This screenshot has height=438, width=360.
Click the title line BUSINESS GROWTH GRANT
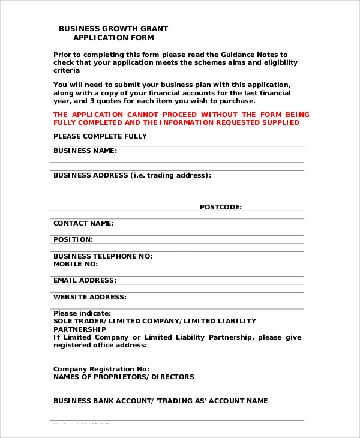113,28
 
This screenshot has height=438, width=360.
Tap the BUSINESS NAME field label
85,151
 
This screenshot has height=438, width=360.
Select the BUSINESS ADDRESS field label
132,176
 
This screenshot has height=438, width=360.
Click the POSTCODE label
221,207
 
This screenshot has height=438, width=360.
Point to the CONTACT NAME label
83,223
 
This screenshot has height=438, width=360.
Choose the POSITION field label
73,239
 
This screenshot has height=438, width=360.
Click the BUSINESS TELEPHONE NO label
103,256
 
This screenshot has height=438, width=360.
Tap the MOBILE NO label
76,264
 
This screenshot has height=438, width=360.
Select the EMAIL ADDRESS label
85,280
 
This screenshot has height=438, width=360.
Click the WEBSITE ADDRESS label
90,297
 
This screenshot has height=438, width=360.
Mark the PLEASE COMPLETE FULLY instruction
100,136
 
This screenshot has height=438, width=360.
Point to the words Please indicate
82,313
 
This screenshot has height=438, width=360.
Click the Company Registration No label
101,369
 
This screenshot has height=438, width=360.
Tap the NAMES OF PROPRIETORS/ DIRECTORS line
124,377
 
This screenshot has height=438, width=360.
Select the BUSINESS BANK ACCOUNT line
161,401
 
